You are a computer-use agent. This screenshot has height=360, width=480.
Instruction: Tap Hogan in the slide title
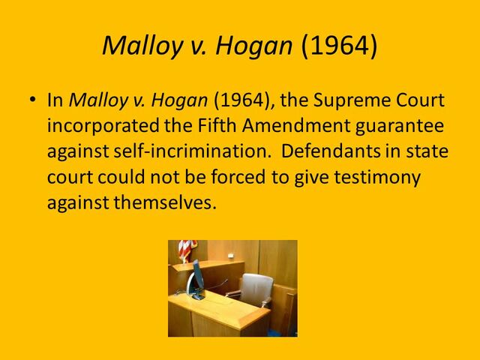pos(255,46)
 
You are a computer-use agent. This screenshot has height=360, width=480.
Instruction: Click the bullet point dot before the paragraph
pos(31,100)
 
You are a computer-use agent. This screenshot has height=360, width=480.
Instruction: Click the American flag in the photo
pos(185,250)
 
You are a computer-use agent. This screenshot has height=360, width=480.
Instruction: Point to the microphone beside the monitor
pos(220,284)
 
